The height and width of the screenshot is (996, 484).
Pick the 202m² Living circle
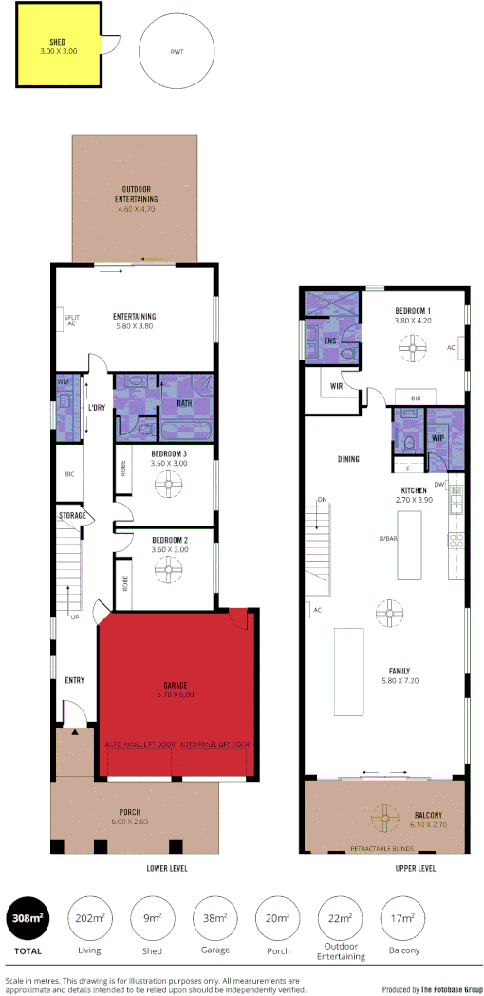tap(88, 918)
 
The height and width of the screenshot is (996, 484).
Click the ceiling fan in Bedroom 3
tap(170, 486)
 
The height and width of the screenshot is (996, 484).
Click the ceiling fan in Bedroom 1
tap(409, 349)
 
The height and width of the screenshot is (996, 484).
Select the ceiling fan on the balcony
tap(385, 816)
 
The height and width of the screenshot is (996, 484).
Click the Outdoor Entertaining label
tap(137, 194)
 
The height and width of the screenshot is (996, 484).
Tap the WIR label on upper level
tap(336, 387)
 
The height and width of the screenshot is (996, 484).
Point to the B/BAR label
tap(387, 539)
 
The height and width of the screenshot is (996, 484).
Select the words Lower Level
tap(166, 868)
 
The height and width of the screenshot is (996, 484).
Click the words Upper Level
tap(415, 868)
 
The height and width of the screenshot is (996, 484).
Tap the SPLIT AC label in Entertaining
tap(70, 321)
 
